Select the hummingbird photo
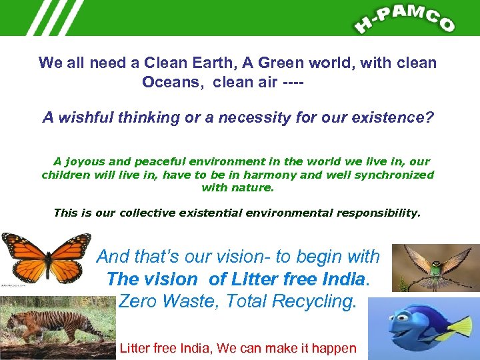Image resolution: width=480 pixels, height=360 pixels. (435, 267)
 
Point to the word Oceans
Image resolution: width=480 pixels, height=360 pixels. (167, 83)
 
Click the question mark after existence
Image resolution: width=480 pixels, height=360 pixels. (430, 118)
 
